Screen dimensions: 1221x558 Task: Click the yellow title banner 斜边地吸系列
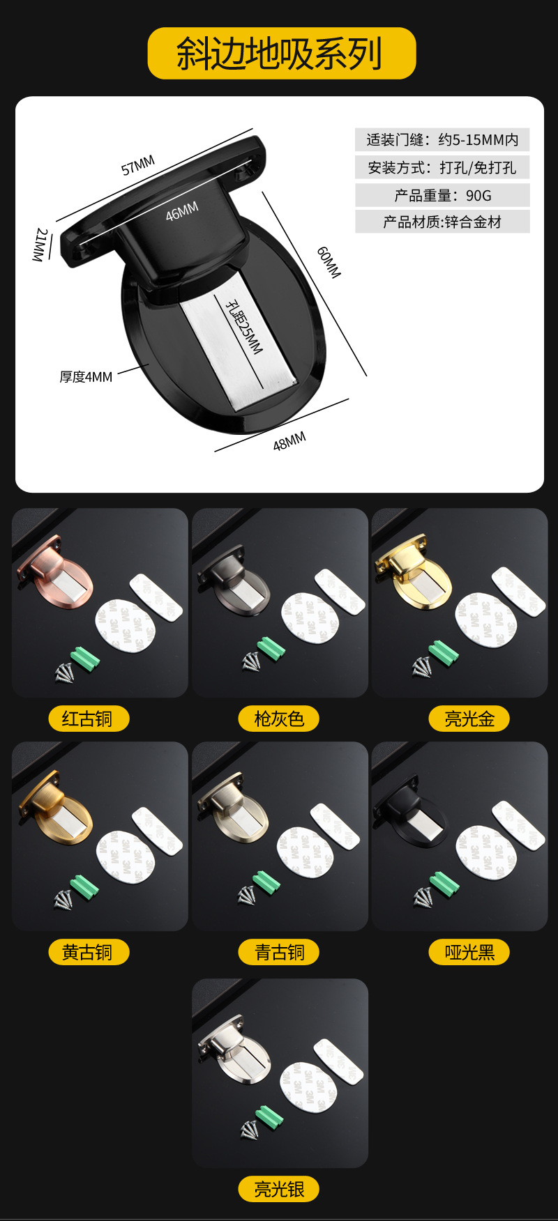[281, 54]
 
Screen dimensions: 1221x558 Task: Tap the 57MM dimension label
[138, 166]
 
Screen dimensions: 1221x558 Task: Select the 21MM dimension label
[40, 245]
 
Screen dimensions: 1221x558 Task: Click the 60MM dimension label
[329, 262]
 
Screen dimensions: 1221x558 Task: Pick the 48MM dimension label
[289, 442]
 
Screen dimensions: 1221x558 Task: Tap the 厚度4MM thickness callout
[86, 377]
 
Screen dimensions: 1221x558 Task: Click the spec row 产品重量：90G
[442, 195]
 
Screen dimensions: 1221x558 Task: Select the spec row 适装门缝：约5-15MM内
[442, 139]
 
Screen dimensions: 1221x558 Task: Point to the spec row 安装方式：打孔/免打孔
[442, 167]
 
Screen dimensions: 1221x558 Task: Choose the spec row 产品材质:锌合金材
[442, 222]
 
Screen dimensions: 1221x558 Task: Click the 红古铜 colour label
[88, 719]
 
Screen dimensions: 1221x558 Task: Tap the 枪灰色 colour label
[279, 719]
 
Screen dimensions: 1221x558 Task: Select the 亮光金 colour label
[469, 719]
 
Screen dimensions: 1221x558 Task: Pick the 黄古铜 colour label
[88, 952]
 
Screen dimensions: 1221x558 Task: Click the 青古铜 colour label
[279, 952]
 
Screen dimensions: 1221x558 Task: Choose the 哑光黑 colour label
[469, 952]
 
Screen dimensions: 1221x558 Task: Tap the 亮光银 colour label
[279, 1189]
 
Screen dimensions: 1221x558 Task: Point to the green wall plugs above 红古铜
[85, 659]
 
